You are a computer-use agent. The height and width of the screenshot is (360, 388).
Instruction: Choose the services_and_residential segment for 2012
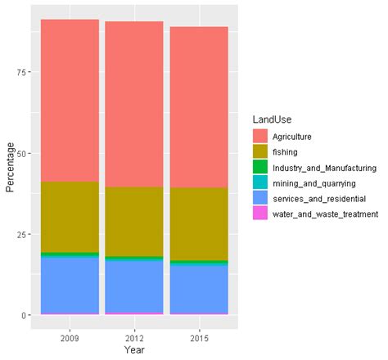coord(133,286)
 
